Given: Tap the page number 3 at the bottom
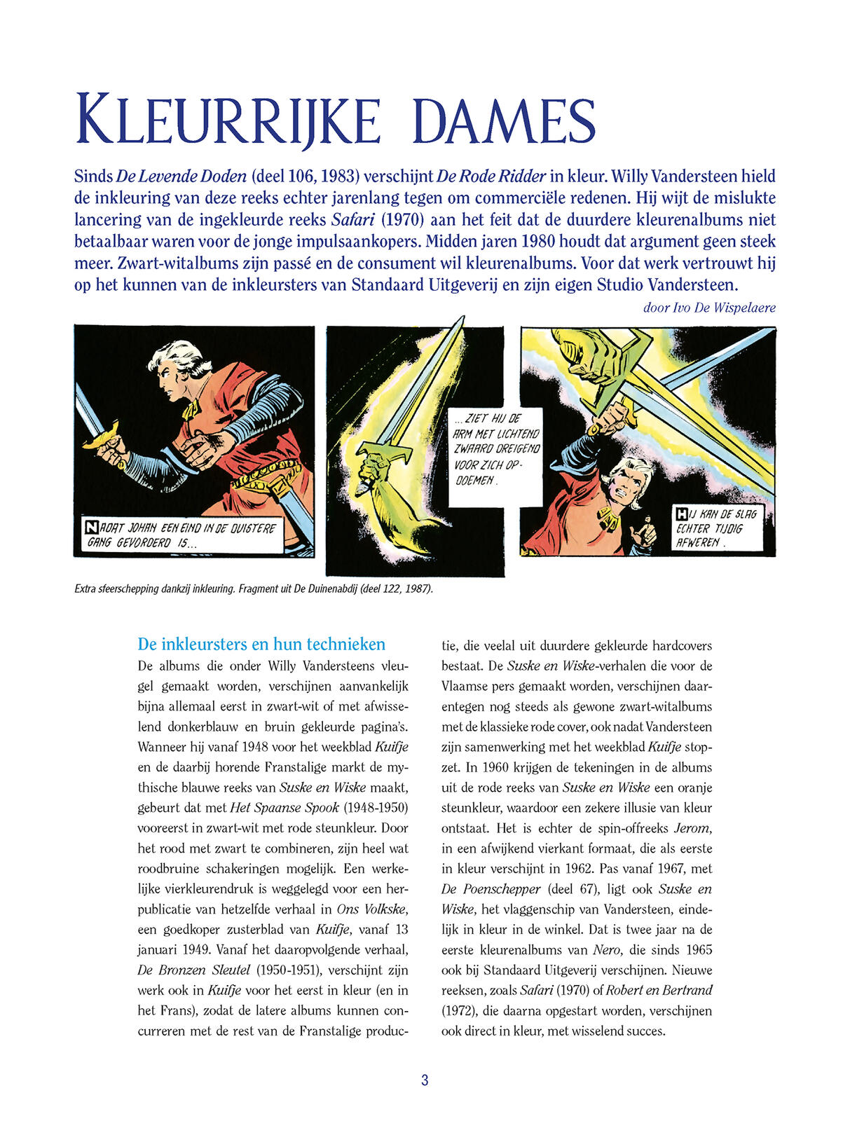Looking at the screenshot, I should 425,1080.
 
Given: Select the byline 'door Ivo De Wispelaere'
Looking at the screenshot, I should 708,308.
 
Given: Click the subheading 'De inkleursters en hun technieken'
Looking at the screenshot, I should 261,644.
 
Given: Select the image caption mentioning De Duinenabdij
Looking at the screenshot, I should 254,589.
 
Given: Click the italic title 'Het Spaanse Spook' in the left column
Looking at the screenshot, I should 285,808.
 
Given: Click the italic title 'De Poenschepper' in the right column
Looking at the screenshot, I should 491,889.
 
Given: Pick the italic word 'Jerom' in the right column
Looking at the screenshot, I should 692,828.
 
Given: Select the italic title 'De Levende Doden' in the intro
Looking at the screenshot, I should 181,176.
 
